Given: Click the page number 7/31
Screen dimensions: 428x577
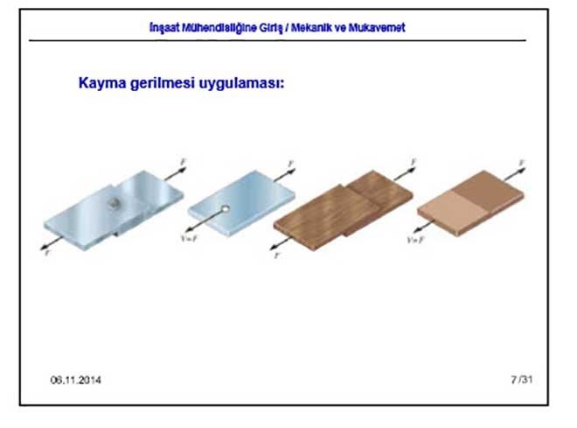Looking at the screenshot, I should pos(521,379).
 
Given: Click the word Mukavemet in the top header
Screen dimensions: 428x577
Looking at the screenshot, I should pos(377,27).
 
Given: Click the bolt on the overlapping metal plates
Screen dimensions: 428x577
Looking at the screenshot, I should pos(114,204).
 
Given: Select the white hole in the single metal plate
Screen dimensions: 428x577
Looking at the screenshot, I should pos(225,209).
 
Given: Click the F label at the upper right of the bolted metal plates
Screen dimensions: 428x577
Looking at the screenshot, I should pos(182,162).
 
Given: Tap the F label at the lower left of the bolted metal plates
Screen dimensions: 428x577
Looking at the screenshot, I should pos(46,249).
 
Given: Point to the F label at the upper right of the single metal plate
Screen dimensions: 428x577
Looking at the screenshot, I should pos(290,164).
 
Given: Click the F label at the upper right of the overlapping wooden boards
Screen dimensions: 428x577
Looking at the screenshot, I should pos(413,162).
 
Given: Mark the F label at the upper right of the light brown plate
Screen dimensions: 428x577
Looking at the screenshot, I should pos(522,163).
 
